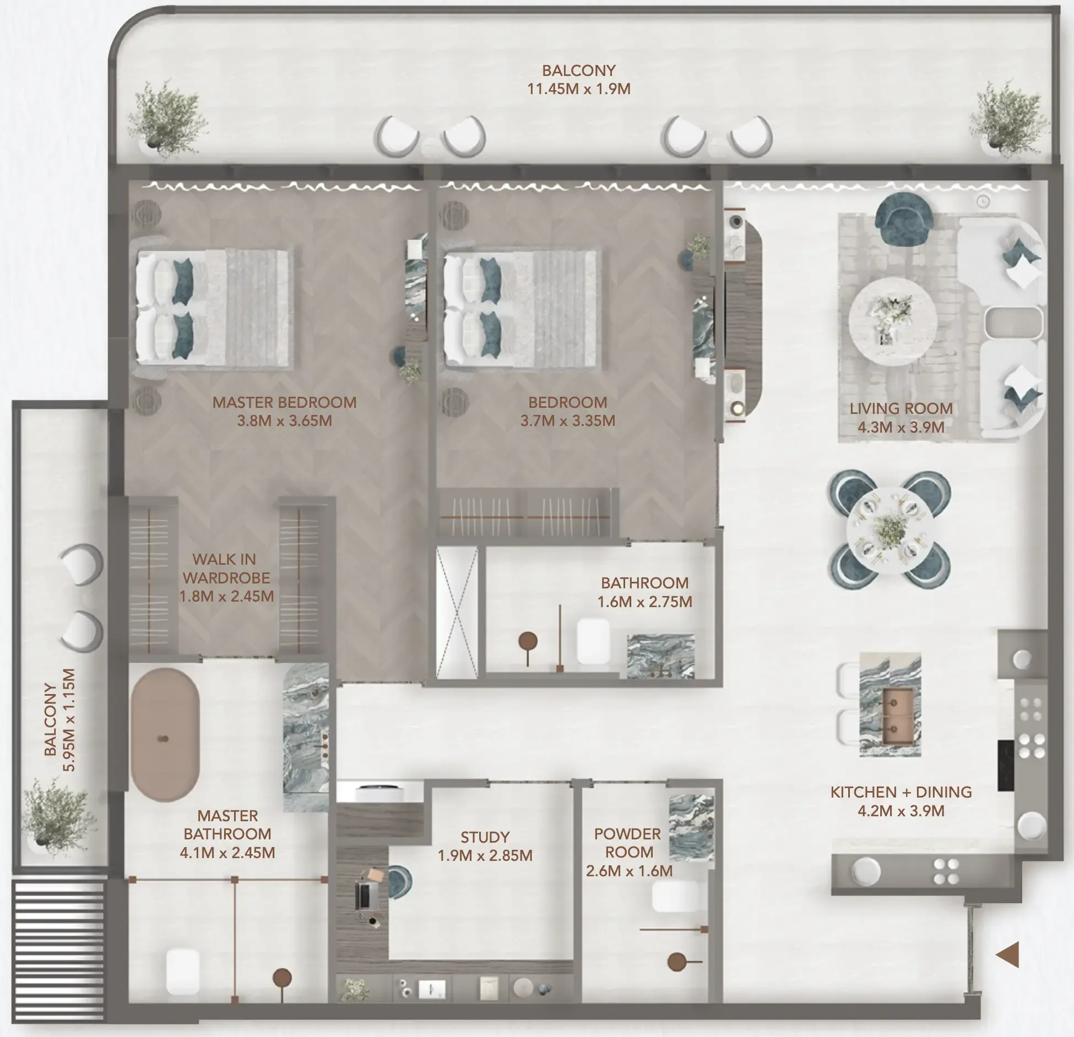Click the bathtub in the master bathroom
click(165, 735)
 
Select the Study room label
click(485, 837)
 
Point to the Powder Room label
click(628, 843)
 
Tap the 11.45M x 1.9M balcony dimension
click(579, 89)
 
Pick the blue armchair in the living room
click(903, 220)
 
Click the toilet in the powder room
click(675, 897)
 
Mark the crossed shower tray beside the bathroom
click(457, 613)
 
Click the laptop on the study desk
click(364, 896)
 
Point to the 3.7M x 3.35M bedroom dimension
click(568, 421)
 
